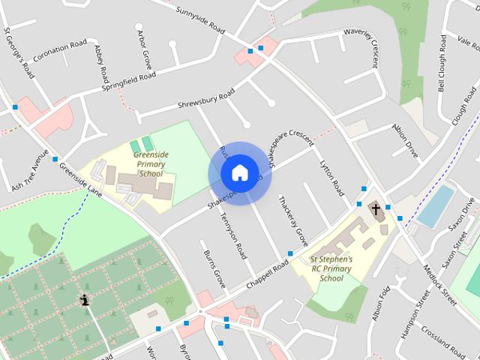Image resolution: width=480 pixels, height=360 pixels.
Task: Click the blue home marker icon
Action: point(238,172)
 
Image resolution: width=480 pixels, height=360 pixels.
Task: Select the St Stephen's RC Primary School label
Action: point(331,268)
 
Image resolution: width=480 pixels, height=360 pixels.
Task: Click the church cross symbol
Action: point(376,209)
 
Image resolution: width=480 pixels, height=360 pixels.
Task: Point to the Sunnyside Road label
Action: point(200,21)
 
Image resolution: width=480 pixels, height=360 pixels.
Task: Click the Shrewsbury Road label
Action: point(206,99)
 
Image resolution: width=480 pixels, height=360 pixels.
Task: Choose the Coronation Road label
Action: point(60,51)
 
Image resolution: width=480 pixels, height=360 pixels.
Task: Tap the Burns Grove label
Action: point(214,269)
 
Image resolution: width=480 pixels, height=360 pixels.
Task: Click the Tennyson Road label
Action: point(232,236)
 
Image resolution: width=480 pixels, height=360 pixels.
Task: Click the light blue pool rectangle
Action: point(435,205)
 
